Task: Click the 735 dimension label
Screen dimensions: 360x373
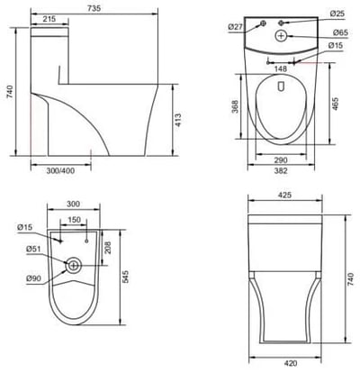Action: [94, 8]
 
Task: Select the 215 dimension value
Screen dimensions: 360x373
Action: [49, 19]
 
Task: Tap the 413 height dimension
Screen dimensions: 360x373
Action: [178, 120]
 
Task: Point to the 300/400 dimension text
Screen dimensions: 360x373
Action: [60, 171]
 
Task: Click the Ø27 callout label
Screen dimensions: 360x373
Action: [235, 27]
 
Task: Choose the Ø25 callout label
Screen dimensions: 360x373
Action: [337, 14]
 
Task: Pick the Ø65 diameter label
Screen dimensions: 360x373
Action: [340, 32]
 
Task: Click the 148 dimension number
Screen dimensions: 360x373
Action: [281, 69]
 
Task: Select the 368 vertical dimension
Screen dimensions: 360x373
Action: [236, 106]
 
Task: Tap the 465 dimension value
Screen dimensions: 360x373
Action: [336, 104]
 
